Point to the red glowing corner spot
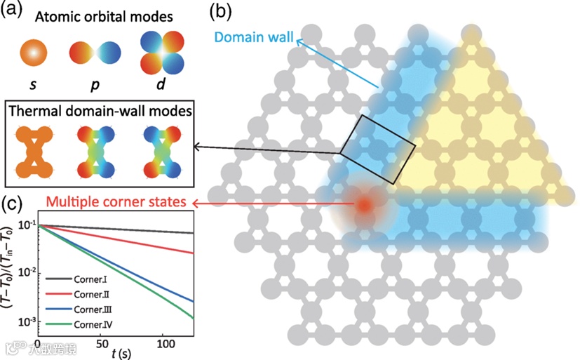pos(363,204)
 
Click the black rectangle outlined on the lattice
pos(379,150)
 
